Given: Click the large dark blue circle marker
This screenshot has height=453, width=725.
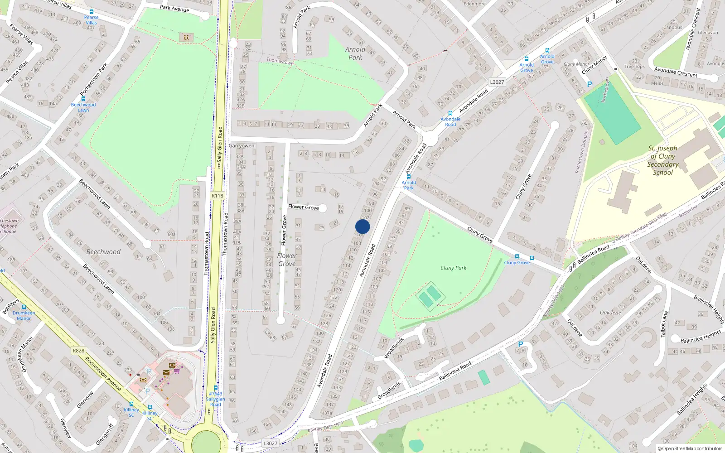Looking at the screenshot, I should click(362, 226).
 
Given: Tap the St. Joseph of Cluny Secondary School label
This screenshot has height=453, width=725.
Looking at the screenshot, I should click(662, 160).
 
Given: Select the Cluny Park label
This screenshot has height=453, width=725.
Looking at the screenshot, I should click(453, 268).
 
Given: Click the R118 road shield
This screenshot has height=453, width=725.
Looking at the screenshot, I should click(217, 196).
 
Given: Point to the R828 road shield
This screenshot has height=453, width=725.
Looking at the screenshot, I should click(78, 351).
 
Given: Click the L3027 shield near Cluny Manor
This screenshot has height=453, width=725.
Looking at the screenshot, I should click(497, 82).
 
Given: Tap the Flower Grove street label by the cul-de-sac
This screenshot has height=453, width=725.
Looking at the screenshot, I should click(303, 207).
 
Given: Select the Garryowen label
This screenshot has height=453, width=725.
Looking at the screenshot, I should click(242, 146).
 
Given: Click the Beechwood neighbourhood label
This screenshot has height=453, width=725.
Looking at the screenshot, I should click(103, 252).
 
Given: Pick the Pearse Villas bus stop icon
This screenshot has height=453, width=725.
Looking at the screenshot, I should click(92, 12).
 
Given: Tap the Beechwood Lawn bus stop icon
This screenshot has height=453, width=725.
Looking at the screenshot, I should click(83, 99).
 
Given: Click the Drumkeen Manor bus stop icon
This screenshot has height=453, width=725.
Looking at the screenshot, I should click(24, 307).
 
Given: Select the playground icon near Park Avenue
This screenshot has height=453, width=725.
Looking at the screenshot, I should click(186, 37).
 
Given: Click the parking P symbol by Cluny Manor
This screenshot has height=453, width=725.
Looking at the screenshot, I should click(589, 84).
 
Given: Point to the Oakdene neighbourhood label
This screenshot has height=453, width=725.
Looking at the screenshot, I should click(610, 313).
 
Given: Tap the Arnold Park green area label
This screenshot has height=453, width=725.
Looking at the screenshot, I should click(355, 53).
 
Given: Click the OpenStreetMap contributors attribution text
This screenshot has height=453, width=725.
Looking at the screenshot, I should click(690, 448).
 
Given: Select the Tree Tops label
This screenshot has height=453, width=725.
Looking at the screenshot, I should click(634, 66).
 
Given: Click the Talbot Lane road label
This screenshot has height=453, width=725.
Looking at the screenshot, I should click(664, 323).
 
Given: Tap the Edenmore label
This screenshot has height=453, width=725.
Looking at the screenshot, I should click(474, 4).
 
